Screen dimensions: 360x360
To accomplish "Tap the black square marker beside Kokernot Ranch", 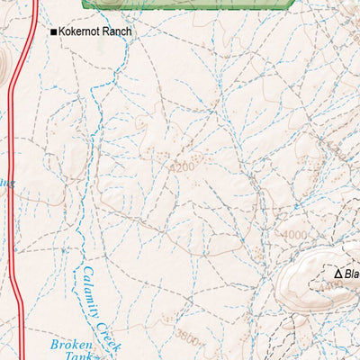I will pyautogui.click(x=53, y=32).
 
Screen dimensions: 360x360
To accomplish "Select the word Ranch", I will pyautogui.click(x=118, y=31).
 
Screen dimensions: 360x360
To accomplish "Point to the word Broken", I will pyautogui.click(x=71, y=345).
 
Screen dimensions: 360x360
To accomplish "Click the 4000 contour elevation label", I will pyautogui.click(x=292, y=235).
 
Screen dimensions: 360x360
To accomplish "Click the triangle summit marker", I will pyautogui.click(x=338, y=274).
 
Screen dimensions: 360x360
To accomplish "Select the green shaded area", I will pyautogui.click(x=189, y=4).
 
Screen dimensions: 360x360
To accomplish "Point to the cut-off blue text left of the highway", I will pyautogui.click(x=4, y=183).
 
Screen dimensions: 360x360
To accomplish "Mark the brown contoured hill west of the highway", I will pyautogui.click(x=3, y=66).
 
